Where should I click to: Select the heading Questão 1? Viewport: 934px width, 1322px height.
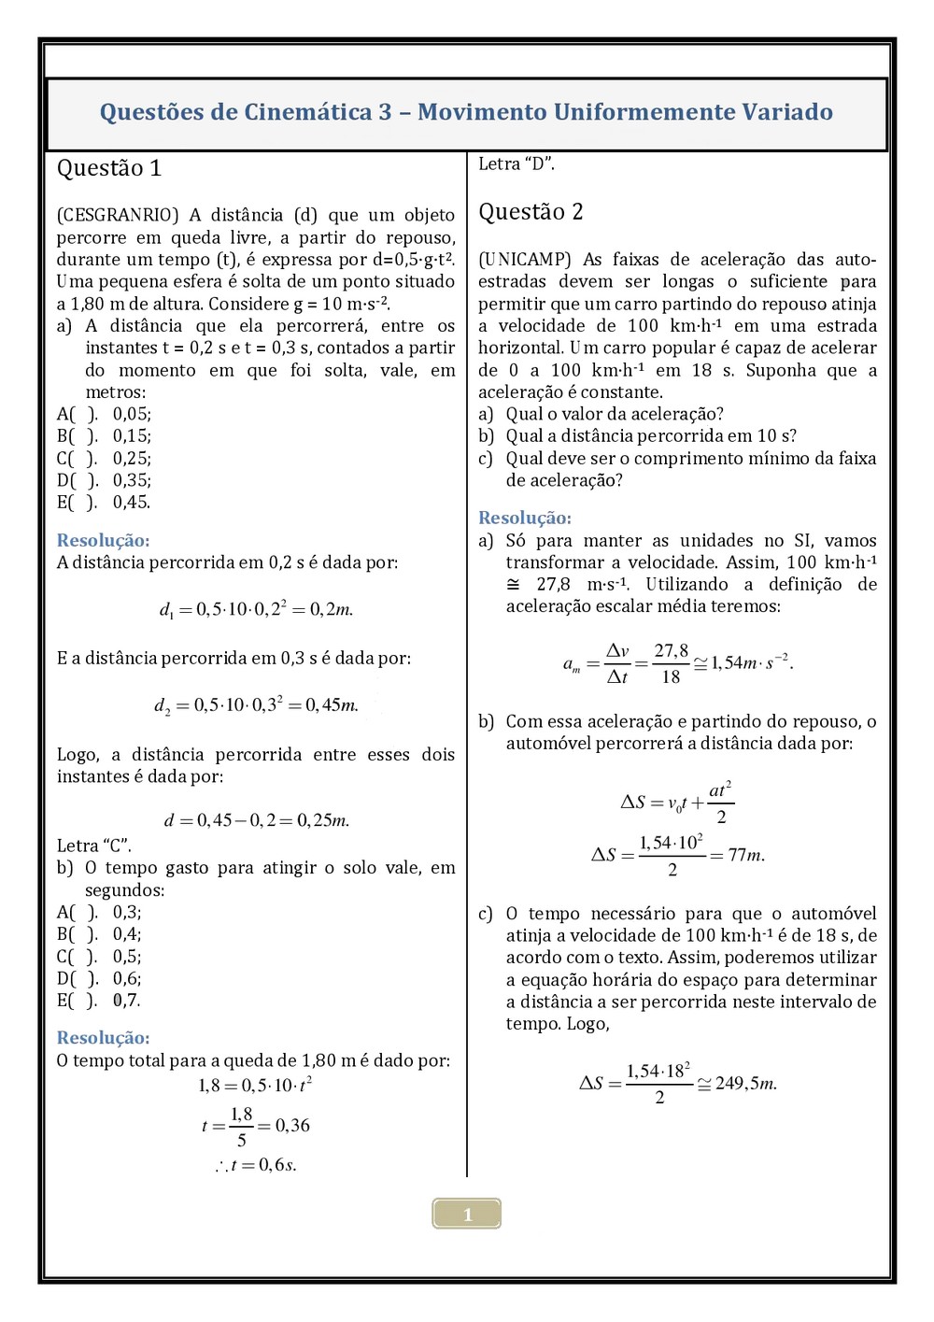pyautogui.click(x=109, y=168)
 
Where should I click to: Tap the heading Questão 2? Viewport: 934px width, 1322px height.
pyautogui.click(x=531, y=212)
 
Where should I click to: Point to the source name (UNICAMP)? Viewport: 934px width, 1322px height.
pyautogui.click(x=525, y=260)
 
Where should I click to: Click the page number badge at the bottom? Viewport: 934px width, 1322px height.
pyautogui.click(x=467, y=1214)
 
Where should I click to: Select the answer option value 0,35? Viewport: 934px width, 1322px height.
pyautogui.click(x=132, y=480)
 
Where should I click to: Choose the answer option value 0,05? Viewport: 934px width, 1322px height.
pyautogui.click(x=132, y=414)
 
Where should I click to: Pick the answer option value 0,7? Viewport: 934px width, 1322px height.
pyautogui.click(x=126, y=1001)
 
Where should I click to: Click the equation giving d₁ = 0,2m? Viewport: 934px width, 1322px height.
pyautogui.click(x=256, y=609)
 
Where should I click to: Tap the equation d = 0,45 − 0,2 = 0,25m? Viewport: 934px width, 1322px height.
pyautogui.click(x=257, y=820)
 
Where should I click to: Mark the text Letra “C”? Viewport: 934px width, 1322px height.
pyautogui.click(x=94, y=846)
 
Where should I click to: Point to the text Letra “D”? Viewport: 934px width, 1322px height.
pyautogui.click(x=517, y=164)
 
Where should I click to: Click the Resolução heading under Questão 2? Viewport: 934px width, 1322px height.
pyautogui.click(x=525, y=518)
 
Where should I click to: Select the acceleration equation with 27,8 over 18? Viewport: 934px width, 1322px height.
pyautogui.click(x=677, y=663)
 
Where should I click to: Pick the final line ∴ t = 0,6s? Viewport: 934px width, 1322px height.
pyautogui.click(x=256, y=1165)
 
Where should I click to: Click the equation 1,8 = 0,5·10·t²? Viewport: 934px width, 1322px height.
pyautogui.click(x=255, y=1085)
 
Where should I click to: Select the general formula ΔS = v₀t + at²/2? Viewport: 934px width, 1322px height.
pyautogui.click(x=677, y=803)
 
